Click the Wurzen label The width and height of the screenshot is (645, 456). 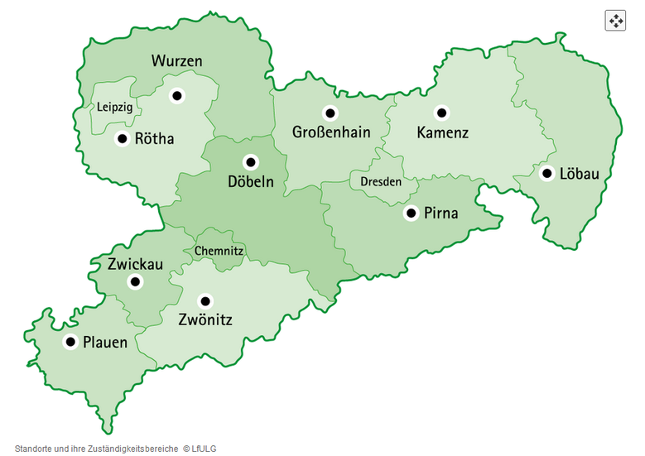[176, 61]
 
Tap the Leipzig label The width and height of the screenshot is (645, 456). [114, 108]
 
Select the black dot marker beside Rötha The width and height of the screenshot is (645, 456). [122, 138]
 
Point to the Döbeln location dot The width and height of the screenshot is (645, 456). [250, 161]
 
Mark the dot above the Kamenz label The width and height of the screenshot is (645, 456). [441, 113]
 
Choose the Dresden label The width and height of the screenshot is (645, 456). [381, 181]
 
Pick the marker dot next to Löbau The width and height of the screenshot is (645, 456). [546, 173]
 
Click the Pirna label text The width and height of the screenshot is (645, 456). [441, 214]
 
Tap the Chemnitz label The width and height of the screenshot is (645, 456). [219, 251]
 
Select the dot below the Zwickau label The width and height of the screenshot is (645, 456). [135, 281]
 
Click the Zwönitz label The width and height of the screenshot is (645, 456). [205, 320]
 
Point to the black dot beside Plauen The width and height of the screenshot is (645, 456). [70, 342]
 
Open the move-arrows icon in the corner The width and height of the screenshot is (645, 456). [615, 21]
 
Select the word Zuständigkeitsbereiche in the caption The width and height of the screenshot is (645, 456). [129, 449]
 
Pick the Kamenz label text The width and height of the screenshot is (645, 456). [442, 132]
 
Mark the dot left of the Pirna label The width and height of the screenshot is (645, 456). [411, 214]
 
